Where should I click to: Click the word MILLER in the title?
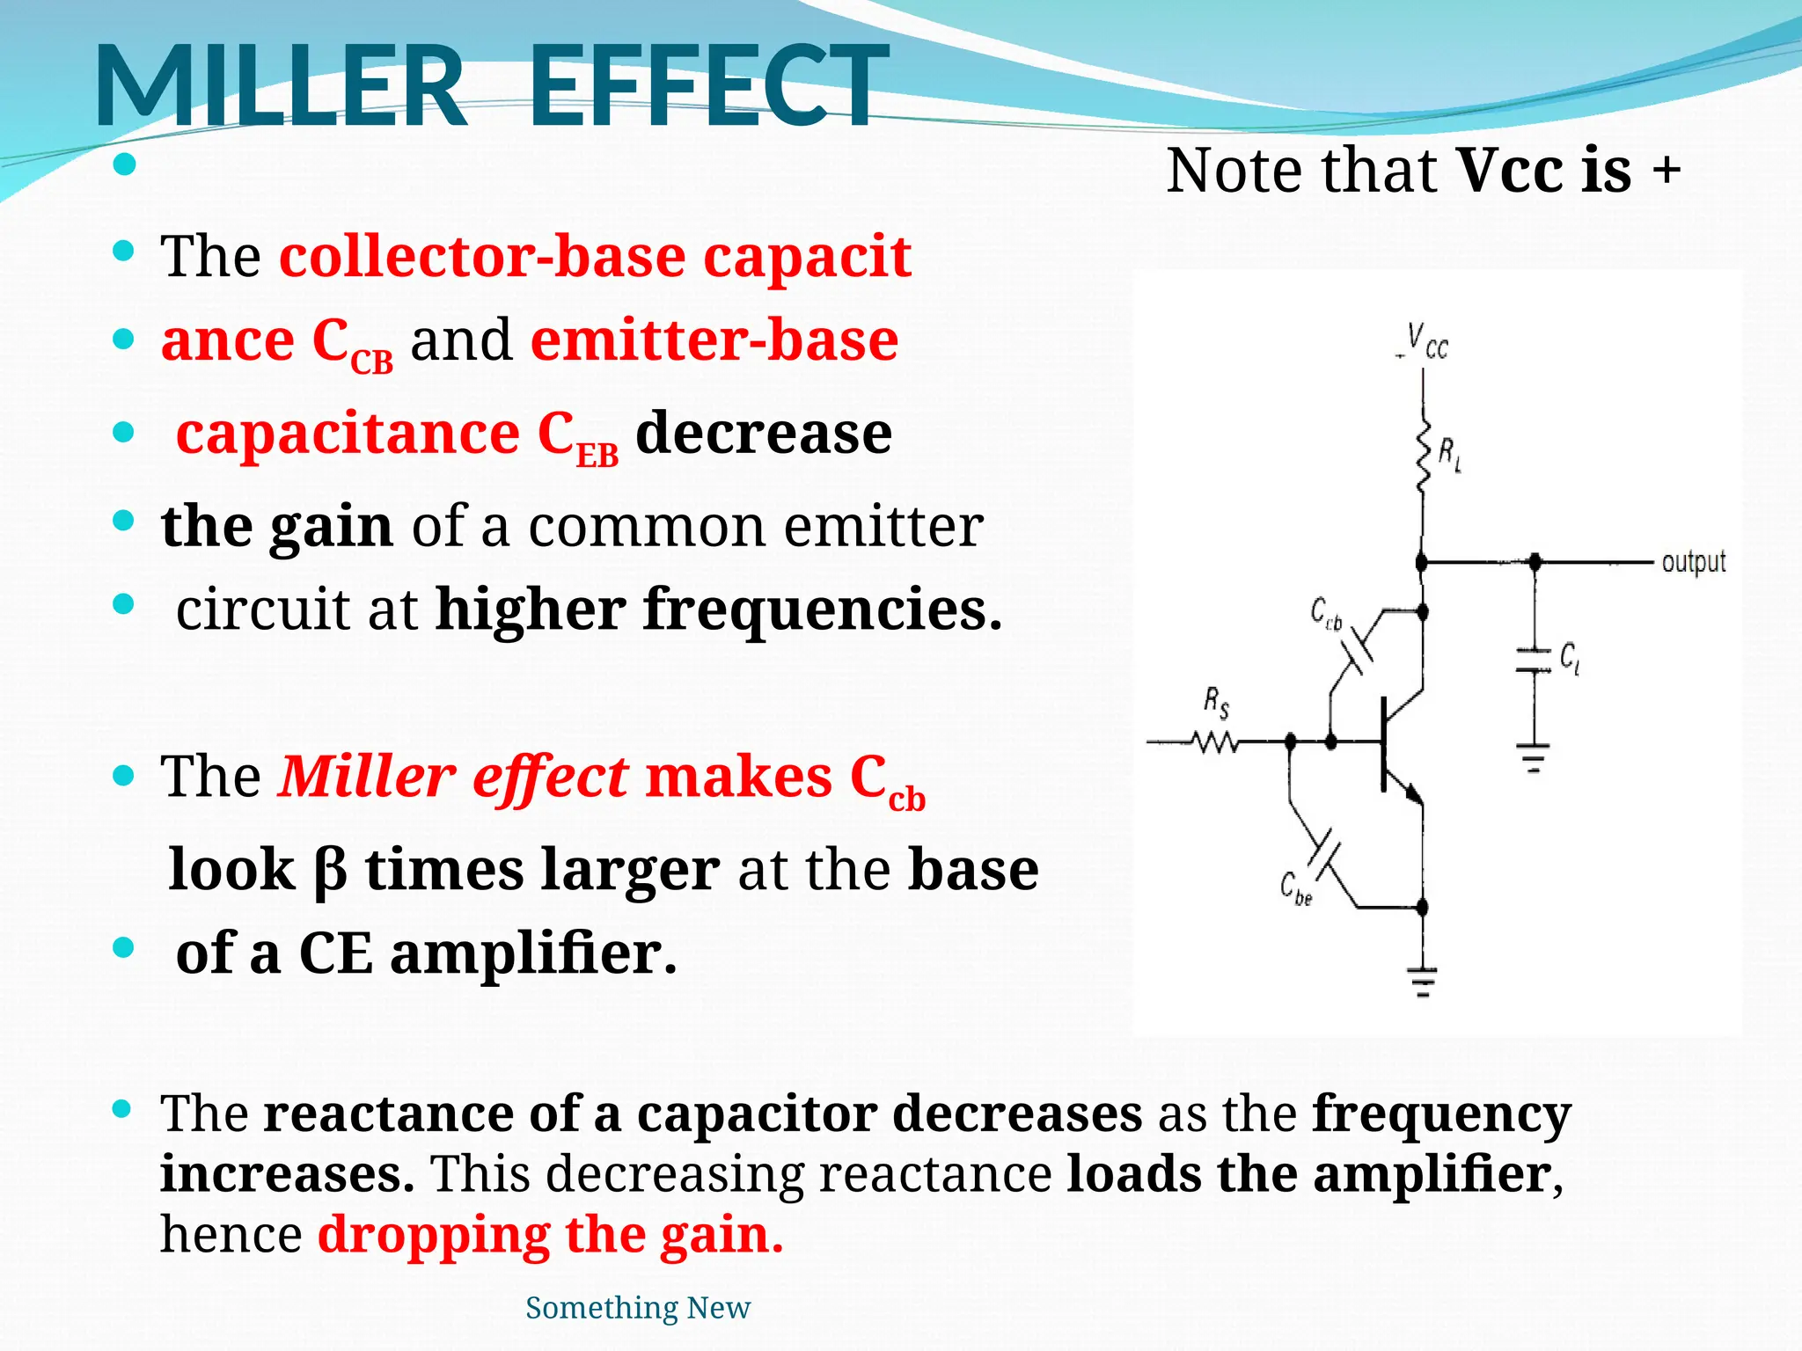(280, 86)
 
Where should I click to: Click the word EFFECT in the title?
(708, 86)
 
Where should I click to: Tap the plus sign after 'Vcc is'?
(1666, 169)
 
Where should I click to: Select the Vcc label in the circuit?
(1425, 341)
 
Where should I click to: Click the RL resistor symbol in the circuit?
(1424, 456)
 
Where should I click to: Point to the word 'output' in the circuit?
(1693, 561)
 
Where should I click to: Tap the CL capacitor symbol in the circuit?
(1535, 661)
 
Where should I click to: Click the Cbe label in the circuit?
(1295, 888)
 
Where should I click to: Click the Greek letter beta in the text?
(330, 871)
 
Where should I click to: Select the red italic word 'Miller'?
(366, 777)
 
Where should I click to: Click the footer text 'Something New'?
(637, 1308)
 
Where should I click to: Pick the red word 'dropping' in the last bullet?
(433, 1235)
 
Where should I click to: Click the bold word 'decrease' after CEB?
(763, 434)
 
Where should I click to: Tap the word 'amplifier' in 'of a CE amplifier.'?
(532, 953)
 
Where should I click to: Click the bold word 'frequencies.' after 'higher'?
(823, 610)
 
